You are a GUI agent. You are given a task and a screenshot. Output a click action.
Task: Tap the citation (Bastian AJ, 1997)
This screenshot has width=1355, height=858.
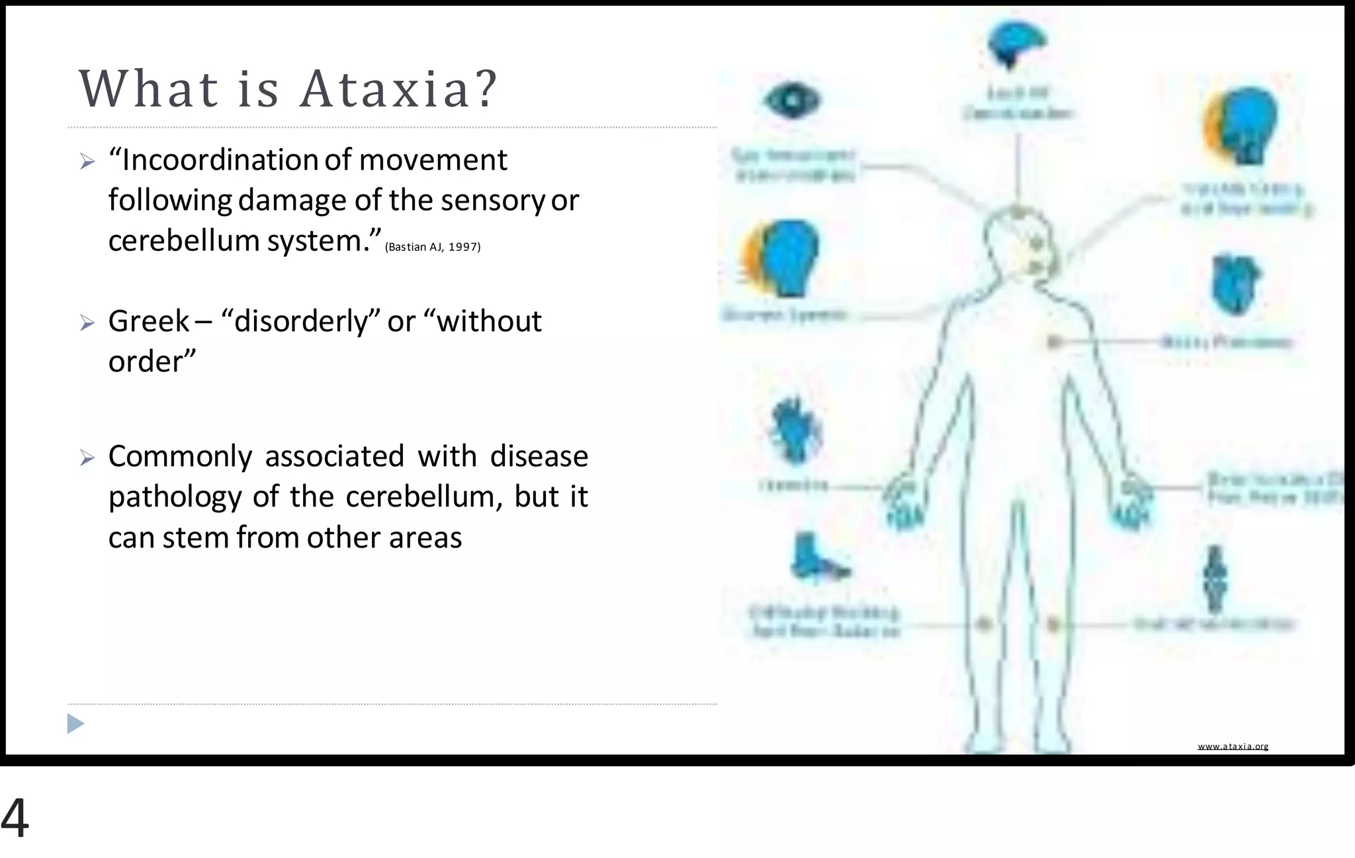tap(433, 247)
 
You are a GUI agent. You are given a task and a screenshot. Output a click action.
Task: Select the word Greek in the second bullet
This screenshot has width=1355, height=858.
tap(149, 322)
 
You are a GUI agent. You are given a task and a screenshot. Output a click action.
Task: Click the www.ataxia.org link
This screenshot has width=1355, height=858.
tap(1233, 746)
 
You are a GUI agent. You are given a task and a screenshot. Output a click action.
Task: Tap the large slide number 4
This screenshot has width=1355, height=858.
tap(15, 818)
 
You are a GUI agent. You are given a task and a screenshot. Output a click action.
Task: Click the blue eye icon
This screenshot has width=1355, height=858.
tap(792, 101)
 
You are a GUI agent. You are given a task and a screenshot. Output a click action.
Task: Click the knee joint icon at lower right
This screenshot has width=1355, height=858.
tap(1215, 579)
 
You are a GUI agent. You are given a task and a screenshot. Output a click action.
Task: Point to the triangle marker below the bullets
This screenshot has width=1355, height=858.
tap(75, 724)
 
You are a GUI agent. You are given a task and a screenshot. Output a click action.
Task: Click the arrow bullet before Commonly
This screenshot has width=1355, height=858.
tap(87, 457)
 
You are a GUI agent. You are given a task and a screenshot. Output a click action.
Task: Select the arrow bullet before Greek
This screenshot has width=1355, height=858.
tap(87, 322)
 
